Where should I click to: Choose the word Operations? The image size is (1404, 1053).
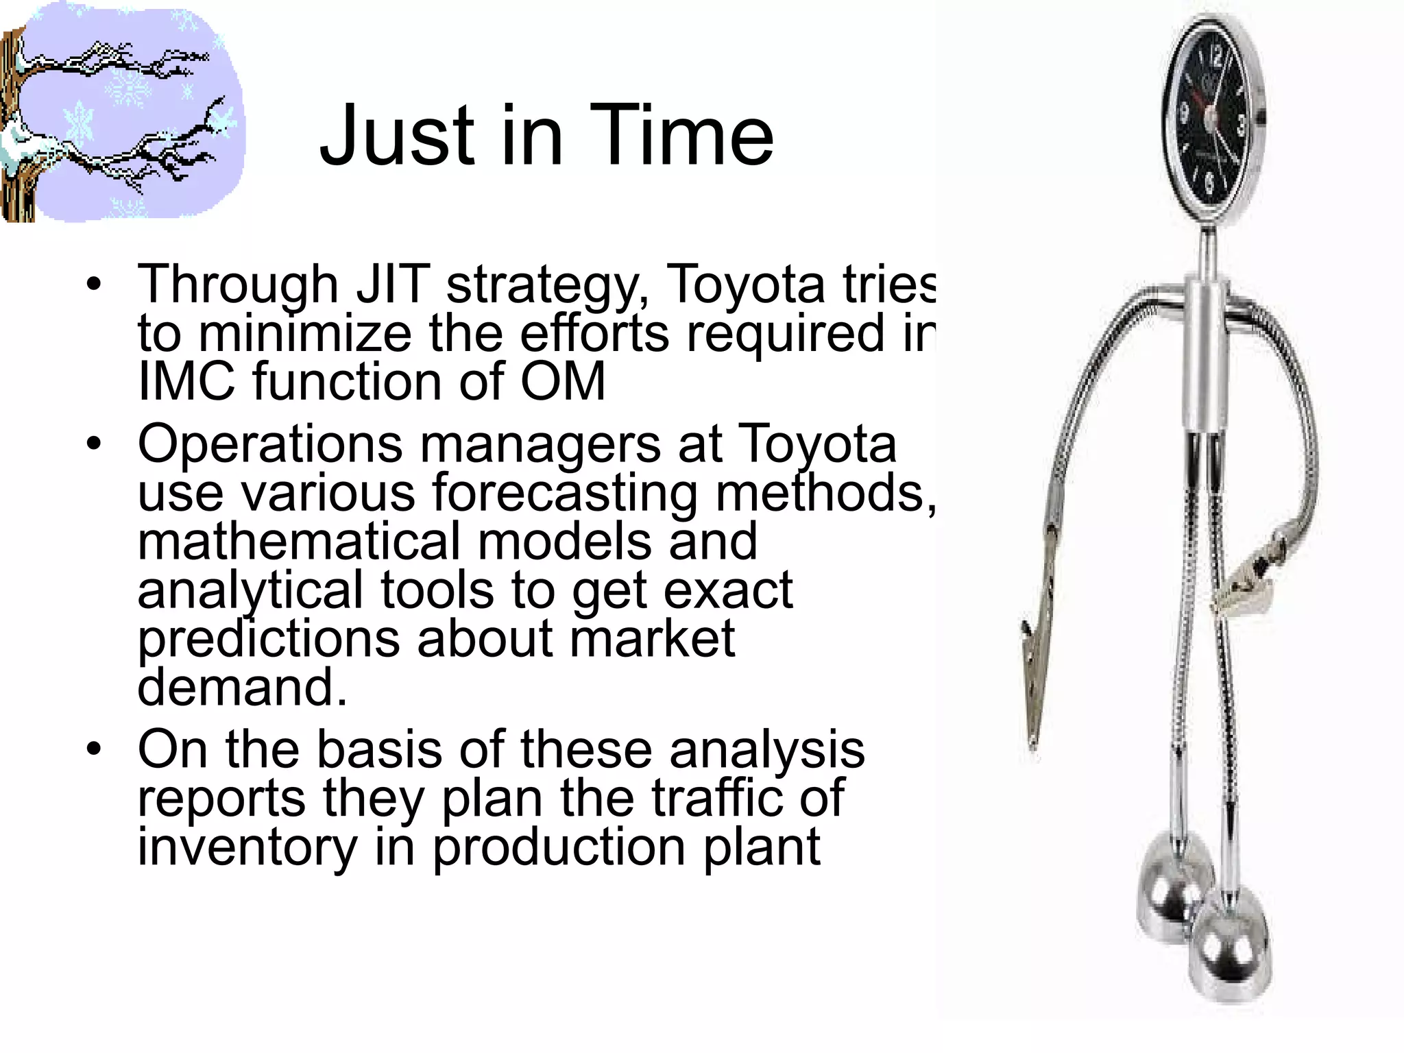click(270, 444)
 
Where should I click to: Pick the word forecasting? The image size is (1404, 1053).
click(564, 493)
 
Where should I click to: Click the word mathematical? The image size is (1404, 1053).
click(299, 541)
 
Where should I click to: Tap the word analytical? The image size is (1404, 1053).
click(250, 590)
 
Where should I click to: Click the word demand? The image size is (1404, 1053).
click(241, 687)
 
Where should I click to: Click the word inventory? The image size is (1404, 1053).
click(247, 847)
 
